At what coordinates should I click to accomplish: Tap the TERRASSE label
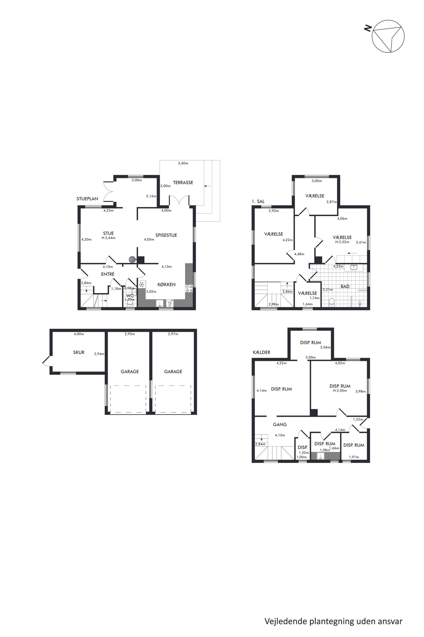(x=183, y=183)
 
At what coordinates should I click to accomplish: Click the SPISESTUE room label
(x=166, y=235)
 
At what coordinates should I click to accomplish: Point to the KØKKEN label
(x=166, y=284)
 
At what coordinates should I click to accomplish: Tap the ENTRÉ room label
(x=108, y=274)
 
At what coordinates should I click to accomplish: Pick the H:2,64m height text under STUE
(x=108, y=238)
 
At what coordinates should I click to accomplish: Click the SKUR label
(x=79, y=352)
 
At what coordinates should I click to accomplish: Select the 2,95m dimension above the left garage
(x=130, y=334)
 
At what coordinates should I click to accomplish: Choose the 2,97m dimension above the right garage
(x=173, y=334)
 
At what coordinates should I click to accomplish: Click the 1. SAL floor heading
(x=258, y=201)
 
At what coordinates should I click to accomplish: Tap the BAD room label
(x=345, y=286)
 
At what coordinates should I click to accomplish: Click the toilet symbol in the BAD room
(x=331, y=302)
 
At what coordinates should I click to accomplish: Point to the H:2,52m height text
(x=342, y=242)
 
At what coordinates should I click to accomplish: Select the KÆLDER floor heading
(x=262, y=352)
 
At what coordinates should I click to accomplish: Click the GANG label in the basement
(x=280, y=424)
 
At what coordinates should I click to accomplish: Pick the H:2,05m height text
(x=340, y=391)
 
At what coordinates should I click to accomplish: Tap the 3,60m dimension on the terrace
(x=183, y=163)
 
